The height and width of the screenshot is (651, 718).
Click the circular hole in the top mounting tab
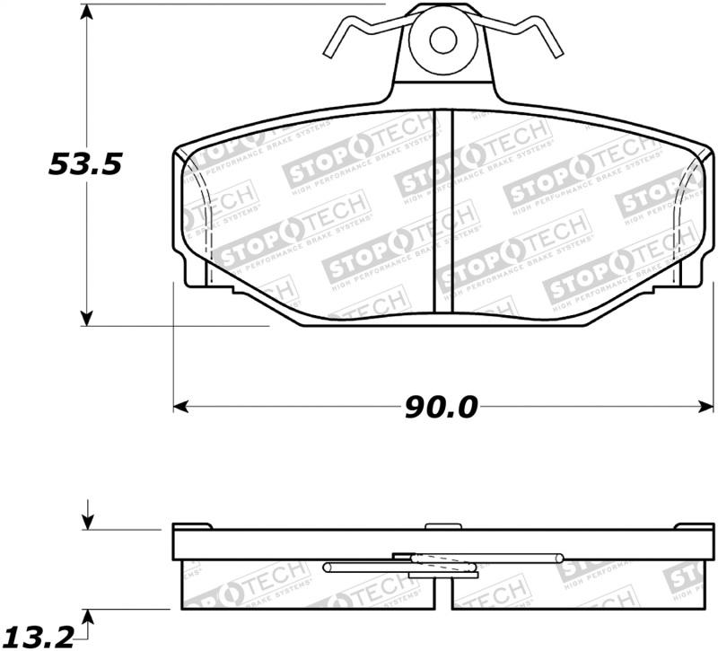click(x=442, y=40)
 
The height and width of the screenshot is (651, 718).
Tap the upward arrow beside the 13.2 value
click(x=87, y=619)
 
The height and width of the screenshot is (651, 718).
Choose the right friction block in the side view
click(x=574, y=588)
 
